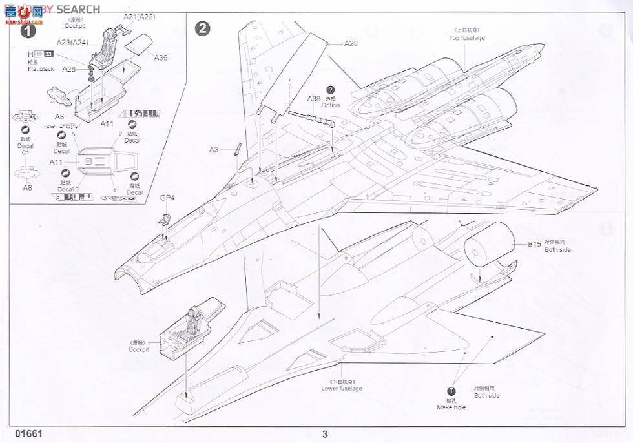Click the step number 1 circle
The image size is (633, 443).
point(27,30)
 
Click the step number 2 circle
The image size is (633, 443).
point(202,29)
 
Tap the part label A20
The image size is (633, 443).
point(350,44)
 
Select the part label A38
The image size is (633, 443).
point(313,98)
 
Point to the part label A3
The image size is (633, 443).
point(214,150)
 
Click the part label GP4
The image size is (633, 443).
point(167,198)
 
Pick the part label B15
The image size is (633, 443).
point(534,243)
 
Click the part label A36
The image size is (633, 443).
point(161,57)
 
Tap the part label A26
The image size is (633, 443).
point(68,68)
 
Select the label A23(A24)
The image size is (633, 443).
point(73,42)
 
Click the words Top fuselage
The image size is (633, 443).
point(467,38)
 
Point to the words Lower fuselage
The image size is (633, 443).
point(342,388)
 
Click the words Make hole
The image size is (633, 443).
point(451,407)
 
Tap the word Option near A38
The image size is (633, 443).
point(331,105)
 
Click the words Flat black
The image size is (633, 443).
point(41,69)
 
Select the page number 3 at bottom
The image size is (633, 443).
point(326,434)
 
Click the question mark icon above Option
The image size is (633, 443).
point(331,90)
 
